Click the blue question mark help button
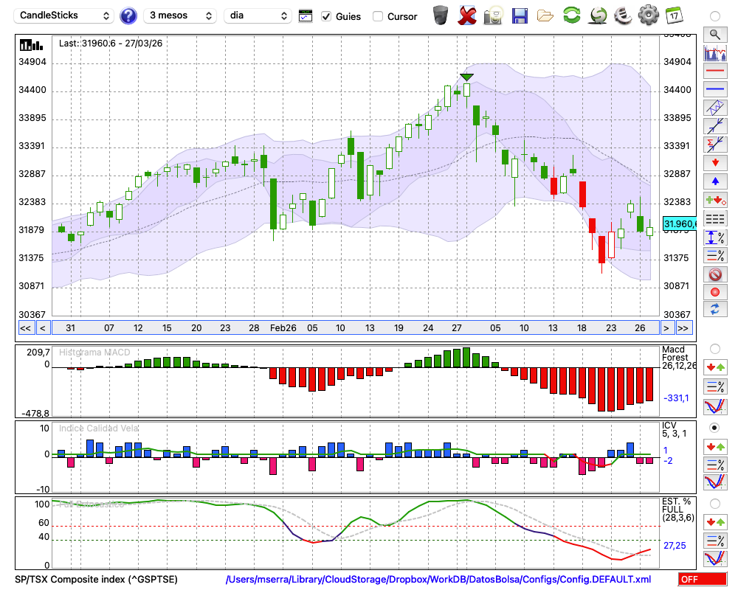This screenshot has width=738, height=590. point(128,15)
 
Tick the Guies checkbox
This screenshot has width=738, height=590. point(327,16)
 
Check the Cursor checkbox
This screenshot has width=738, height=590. point(378,16)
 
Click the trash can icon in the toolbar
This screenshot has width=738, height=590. point(441,15)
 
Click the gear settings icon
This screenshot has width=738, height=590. point(648,15)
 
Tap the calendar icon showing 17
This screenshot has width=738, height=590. point(674,15)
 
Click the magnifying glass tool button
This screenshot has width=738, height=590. point(714,34)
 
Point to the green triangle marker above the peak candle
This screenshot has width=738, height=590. point(466,77)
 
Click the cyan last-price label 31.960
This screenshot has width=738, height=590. point(679,223)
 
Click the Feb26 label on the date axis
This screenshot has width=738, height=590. point(283,327)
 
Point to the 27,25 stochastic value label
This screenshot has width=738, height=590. point(675,545)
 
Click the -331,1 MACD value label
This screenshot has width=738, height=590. point(675,398)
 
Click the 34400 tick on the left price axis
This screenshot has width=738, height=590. point(32,90)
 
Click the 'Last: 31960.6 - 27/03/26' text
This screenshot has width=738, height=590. point(111,44)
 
